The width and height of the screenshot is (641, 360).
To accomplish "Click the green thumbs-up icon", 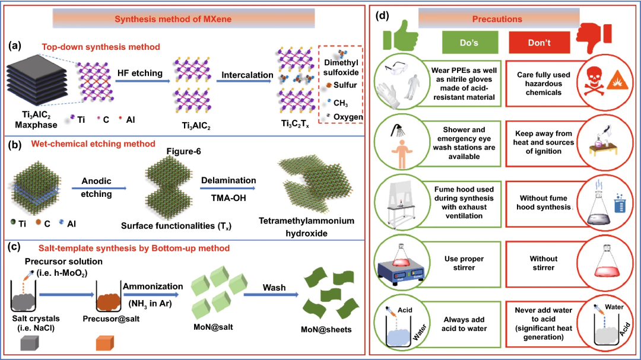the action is click(x=400, y=37).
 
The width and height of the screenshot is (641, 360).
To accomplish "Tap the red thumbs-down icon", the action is click(x=594, y=37).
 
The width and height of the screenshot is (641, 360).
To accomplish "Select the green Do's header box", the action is click(x=470, y=43).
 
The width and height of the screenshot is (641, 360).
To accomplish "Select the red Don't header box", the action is click(x=539, y=43).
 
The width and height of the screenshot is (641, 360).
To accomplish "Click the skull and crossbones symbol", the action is click(x=594, y=81).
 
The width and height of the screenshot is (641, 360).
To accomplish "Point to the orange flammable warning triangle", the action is click(x=617, y=81).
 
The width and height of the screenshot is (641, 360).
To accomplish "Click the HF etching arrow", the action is click(x=142, y=81).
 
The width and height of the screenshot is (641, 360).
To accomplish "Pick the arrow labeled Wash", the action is click(x=271, y=294).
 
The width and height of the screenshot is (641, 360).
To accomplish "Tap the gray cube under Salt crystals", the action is click(x=30, y=343).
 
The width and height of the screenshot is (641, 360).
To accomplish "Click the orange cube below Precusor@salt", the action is click(x=104, y=343).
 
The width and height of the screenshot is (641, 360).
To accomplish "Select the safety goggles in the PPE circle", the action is click(x=395, y=68).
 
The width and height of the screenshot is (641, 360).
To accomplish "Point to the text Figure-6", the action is click(x=183, y=152).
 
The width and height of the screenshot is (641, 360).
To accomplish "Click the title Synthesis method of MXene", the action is click(x=173, y=19).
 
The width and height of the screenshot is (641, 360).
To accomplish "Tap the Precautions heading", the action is click(x=497, y=19).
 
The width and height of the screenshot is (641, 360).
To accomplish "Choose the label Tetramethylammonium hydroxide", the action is click(x=306, y=227).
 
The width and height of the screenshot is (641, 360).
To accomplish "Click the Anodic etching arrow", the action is click(x=99, y=188).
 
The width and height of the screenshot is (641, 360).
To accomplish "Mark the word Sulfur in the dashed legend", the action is click(x=345, y=85).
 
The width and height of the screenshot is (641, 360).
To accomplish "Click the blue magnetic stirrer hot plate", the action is click(x=400, y=271).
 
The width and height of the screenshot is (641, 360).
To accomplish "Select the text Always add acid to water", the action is click(x=464, y=324).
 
